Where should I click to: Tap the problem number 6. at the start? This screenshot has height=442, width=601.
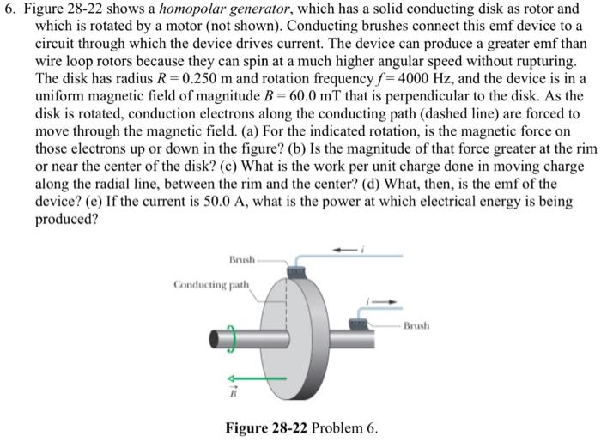[12, 9]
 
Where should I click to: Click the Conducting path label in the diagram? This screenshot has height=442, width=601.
[211, 283]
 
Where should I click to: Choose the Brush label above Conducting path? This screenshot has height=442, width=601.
[244, 258]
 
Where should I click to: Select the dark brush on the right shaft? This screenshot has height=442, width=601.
[360, 323]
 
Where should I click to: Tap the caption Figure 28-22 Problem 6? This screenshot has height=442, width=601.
[300, 427]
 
